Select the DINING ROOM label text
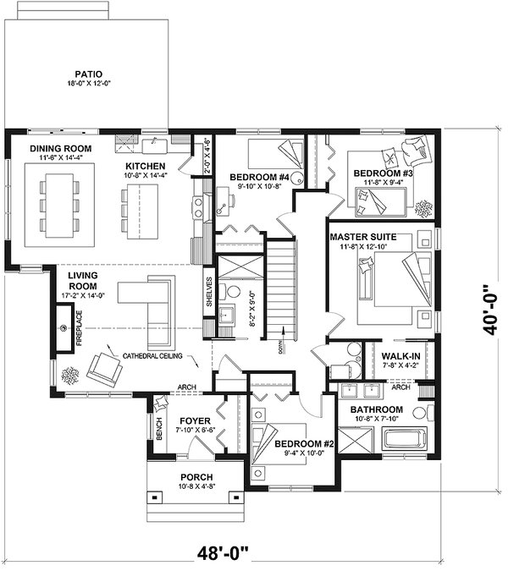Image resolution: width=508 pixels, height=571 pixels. [61, 149]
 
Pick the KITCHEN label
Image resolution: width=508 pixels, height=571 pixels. [146, 165]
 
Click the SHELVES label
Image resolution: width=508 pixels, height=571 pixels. [208, 293]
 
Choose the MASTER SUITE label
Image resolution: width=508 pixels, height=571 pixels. [363, 237]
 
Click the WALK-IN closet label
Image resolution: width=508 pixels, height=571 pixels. [401, 356]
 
